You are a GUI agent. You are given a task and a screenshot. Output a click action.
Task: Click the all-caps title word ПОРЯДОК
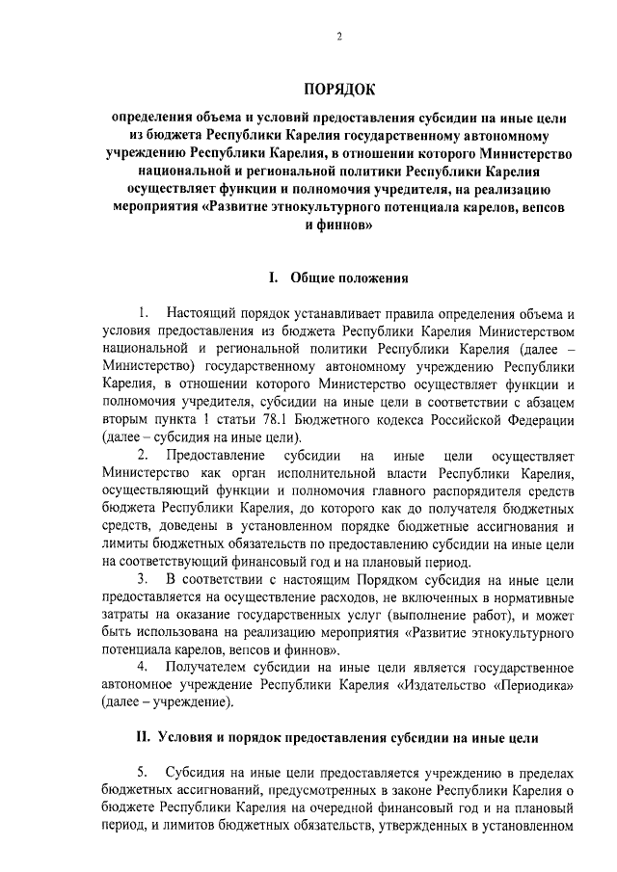coord(338,92)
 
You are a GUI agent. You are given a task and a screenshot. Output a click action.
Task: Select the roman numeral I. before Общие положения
coord(274,279)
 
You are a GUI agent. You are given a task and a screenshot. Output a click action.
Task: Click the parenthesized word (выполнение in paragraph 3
coord(416,614)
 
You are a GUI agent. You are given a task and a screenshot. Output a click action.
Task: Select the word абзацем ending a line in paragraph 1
coord(548,403)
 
